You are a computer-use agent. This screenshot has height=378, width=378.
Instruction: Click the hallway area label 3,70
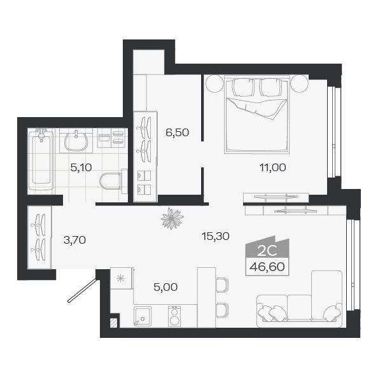coord(74,240)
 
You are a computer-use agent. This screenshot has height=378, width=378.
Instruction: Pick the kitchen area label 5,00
coord(165,287)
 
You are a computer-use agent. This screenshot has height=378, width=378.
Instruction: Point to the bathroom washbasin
coord(76,139)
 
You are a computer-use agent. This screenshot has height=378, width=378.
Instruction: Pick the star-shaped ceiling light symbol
coord(172,219)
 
